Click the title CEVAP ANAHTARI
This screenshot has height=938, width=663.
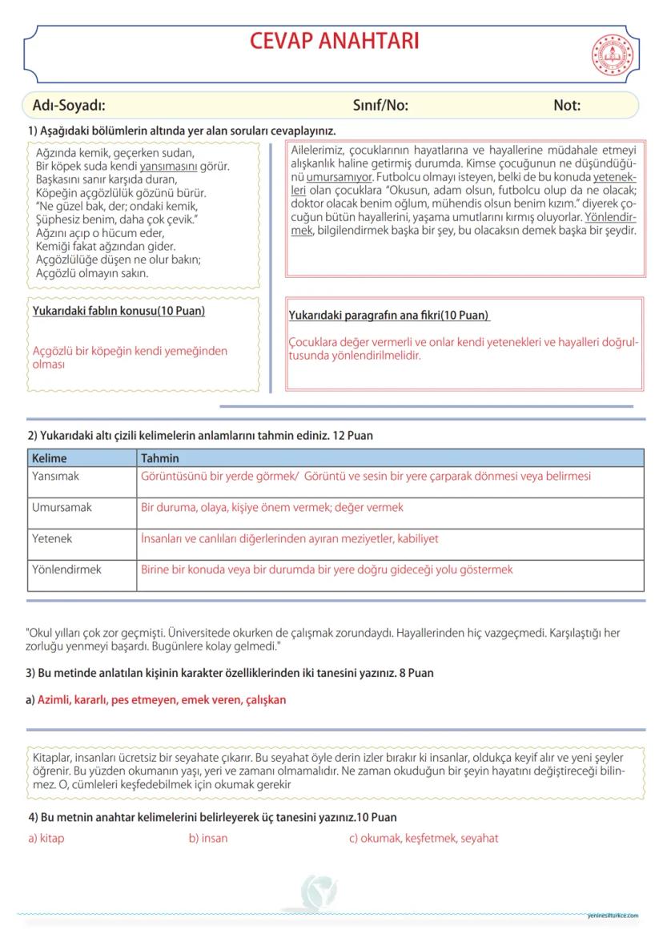[334, 41]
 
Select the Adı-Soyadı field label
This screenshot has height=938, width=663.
[69, 105]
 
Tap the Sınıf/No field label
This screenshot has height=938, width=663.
[380, 105]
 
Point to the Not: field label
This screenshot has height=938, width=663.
[567, 105]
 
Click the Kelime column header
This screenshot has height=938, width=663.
[50, 458]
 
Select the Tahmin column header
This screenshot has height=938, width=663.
[159, 458]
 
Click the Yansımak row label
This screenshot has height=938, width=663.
[55, 477]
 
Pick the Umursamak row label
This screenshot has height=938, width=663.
[62, 508]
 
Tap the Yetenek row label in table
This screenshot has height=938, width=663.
[52, 539]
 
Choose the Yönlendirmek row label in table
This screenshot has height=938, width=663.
[66, 570]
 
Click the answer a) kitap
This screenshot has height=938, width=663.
[46, 839]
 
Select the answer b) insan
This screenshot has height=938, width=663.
[208, 839]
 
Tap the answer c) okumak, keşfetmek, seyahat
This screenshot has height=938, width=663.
[424, 839]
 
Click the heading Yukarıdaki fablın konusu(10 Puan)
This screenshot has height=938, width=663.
[119, 311]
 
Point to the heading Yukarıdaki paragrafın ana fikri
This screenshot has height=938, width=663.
[389, 316]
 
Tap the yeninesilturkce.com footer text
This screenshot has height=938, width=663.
[612, 916]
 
